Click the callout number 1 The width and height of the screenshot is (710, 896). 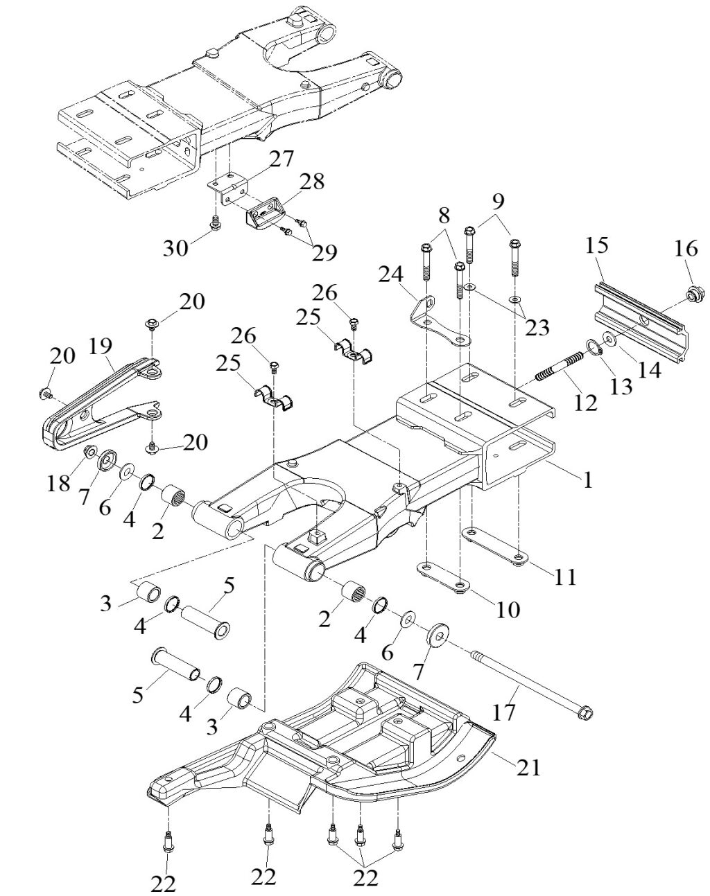[588, 479]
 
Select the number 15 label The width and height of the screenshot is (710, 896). [597, 245]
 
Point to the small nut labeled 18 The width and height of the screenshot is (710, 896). [90, 453]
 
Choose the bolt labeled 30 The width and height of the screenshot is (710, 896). [215, 223]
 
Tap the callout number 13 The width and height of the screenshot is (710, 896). [621, 385]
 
